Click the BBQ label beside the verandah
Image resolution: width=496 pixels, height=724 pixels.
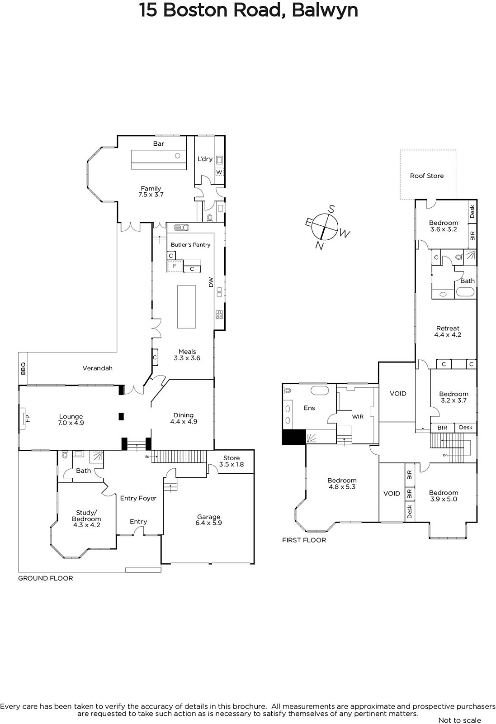point(23,368)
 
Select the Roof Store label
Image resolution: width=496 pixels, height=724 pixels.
point(426,176)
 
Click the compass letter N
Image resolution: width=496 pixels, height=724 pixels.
point(319,246)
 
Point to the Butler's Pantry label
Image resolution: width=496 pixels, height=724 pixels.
point(190,245)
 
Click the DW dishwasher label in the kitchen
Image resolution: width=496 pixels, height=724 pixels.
point(211,282)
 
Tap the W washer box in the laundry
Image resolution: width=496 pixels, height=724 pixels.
point(219,172)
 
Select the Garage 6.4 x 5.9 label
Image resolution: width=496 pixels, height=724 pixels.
point(208,519)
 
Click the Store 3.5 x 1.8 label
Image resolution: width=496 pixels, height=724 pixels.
point(231,461)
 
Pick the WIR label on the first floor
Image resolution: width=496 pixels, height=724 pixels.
point(358,417)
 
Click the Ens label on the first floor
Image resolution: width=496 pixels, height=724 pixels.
point(309,408)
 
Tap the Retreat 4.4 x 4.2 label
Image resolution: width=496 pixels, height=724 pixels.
point(448,331)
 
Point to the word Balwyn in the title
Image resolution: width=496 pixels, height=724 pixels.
point(325,10)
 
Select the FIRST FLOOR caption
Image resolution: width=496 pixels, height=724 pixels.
point(304,540)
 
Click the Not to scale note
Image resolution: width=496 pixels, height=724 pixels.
point(459,720)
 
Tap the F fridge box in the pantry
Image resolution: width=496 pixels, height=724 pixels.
point(175,266)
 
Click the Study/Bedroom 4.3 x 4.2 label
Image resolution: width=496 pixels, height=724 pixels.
point(86,519)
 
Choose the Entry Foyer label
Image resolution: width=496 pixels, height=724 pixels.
point(138,498)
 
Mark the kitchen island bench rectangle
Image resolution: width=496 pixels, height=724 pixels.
point(186,307)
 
